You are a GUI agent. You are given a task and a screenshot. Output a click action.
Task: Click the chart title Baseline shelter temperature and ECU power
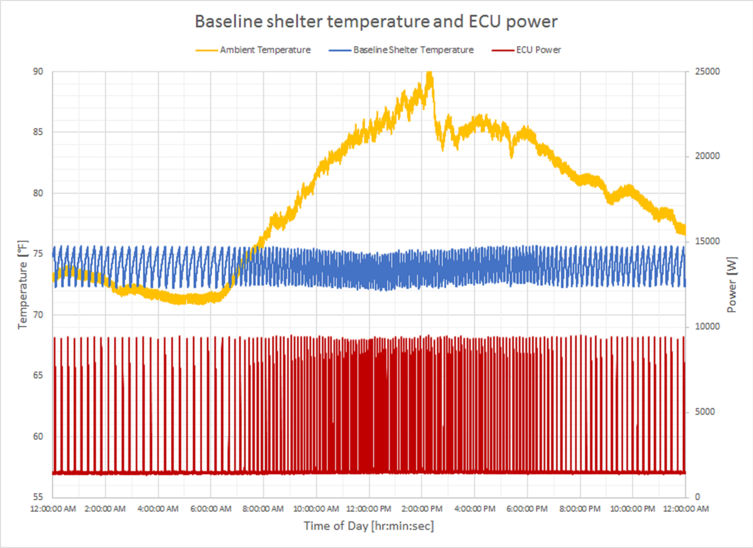point(376,21)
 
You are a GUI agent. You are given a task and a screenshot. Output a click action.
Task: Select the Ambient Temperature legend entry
point(265,50)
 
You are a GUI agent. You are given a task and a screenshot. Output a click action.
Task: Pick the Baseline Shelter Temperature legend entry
point(413,50)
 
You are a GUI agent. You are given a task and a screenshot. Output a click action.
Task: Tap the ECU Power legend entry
point(538,50)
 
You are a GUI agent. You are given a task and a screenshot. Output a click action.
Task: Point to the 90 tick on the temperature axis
point(38,72)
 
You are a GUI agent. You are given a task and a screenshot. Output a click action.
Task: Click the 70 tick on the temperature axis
point(38,315)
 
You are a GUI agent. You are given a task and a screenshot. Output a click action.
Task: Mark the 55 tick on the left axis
point(38,497)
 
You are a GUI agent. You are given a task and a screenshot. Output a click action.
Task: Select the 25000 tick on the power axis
point(707,72)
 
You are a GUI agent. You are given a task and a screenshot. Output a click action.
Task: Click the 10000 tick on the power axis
point(707,326)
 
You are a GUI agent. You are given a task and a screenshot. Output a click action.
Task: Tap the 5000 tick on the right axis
point(705,412)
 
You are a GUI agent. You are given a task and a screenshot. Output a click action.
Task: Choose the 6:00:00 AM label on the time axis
point(210,509)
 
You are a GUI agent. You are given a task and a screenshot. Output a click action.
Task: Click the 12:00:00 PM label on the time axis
point(369,509)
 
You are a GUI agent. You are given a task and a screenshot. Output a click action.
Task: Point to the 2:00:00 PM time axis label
point(422,509)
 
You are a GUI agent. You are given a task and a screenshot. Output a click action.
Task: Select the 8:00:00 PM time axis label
point(580,509)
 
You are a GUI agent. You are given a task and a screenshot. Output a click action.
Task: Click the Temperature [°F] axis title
point(23,285)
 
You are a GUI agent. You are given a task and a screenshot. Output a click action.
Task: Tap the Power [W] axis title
point(731,285)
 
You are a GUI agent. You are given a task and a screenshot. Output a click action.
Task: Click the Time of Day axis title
point(369,526)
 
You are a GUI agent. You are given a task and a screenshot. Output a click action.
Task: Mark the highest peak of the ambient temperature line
point(429,74)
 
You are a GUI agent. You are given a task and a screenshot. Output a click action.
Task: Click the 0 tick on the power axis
point(697,497)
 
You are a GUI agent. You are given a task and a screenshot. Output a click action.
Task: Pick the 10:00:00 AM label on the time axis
point(316,509)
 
